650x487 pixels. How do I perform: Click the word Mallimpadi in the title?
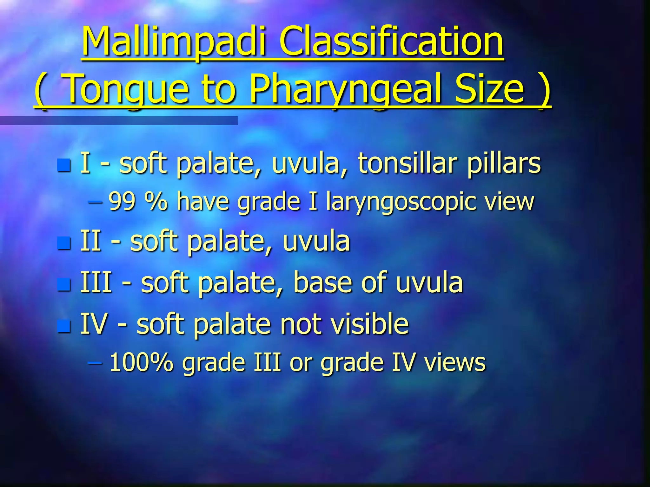(x=173, y=42)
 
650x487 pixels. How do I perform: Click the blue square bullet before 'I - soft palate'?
(x=64, y=165)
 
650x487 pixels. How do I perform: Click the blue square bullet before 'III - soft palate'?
(x=64, y=284)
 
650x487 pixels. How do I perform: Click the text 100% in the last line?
(x=141, y=362)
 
